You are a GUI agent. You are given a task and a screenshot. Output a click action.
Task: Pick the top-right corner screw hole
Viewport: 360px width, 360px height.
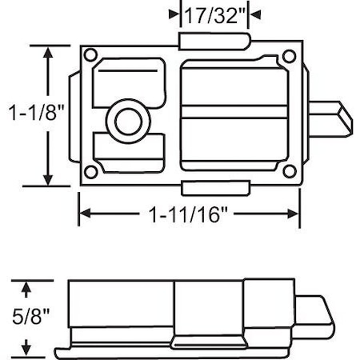(286, 57)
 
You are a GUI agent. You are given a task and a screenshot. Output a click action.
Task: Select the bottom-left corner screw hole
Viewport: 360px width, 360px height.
(91, 172)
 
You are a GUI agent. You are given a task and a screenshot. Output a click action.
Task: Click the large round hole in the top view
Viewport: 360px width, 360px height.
(126, 122)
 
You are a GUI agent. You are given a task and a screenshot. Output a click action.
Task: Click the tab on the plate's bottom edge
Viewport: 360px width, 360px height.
(215, 188)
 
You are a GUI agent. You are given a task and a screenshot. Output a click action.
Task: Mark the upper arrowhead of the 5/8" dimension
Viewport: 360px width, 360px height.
(28, 285)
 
